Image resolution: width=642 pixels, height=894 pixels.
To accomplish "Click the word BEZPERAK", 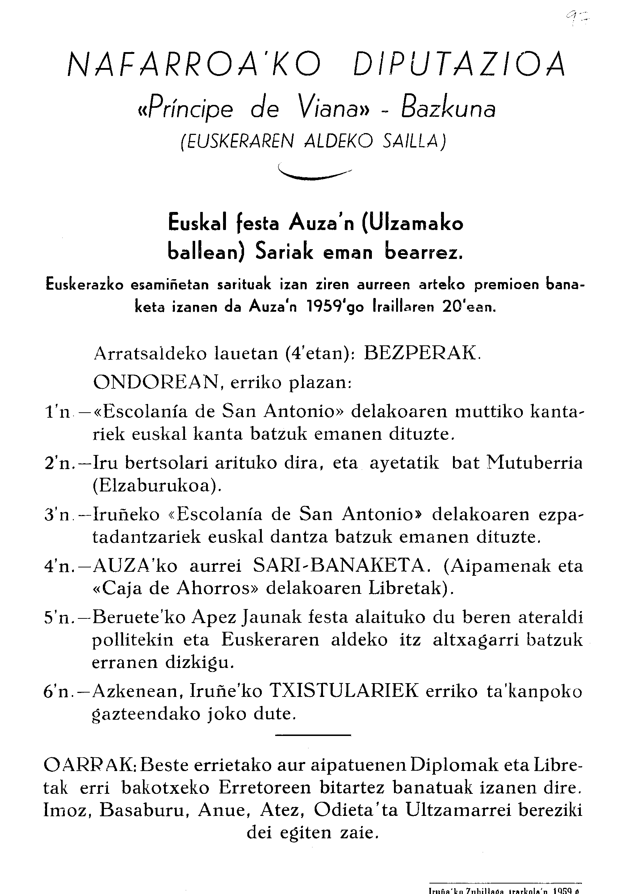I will tap(422, 353).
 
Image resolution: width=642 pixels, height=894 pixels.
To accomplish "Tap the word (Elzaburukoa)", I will tap(157, 486).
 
